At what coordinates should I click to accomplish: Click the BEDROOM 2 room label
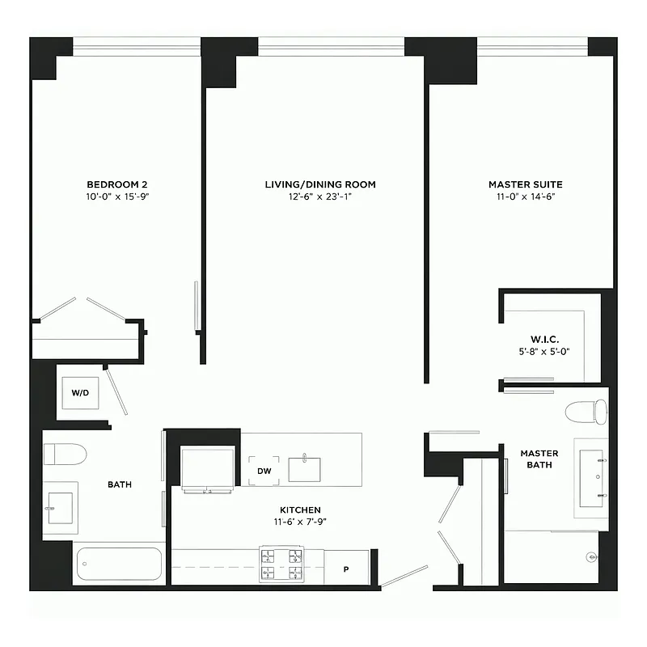click(x=116, y=184)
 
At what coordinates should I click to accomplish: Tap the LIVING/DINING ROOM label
click(x=320, y=184)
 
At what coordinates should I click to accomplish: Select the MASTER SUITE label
click(x=525, y=184)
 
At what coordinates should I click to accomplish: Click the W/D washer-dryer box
click(x=81, y=394)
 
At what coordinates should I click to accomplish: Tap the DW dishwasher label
click(x=264, y=471)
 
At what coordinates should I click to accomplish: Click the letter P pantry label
click(x=345, y=569)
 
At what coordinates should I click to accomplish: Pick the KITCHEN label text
click(x=300, y=510)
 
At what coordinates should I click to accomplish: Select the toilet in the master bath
click(x=586, y=412)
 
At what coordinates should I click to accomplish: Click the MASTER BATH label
click(x=539, y=459)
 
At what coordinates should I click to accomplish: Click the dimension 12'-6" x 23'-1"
click(x=320, y=197)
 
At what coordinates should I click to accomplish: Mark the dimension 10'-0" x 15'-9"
click(x=116, y=197)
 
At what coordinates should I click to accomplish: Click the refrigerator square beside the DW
click(x=207, y=468)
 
